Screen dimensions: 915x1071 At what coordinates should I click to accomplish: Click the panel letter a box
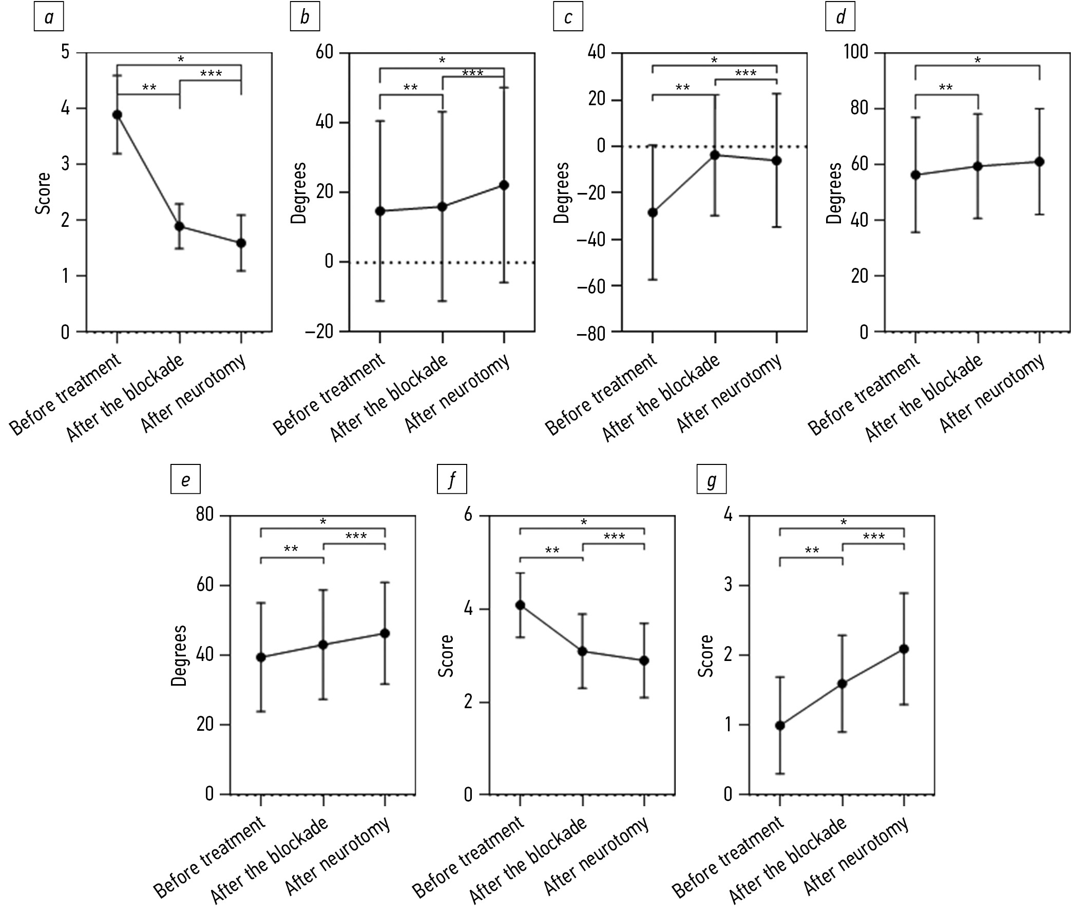(49, 17)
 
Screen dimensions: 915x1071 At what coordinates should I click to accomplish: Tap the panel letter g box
(711, 480)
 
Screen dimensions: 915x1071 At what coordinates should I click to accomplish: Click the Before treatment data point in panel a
(118, 115)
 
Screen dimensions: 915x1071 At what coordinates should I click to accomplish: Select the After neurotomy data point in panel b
(504, 185)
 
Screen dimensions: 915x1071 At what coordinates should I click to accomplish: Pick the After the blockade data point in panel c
(715, 155)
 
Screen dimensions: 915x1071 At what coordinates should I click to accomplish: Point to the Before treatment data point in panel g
(780, 726)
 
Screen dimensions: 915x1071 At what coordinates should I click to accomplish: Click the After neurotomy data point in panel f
(644, 660)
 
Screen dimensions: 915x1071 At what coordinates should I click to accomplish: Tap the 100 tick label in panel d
(855, 52)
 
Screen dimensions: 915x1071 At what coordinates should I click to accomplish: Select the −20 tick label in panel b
(319, 332)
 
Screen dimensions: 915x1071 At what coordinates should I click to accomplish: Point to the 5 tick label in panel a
(65, 52)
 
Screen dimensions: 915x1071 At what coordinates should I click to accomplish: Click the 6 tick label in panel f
(468, 515)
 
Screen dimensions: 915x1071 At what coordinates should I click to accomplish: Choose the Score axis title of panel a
(43, 193)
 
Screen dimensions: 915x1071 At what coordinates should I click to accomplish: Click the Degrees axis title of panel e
(179, 655)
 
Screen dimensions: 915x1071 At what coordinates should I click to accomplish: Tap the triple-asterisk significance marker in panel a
(211, 74)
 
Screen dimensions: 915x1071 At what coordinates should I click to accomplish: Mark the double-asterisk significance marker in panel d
(945, 88)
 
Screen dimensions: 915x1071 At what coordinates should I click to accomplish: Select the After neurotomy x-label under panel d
(992, 394)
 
